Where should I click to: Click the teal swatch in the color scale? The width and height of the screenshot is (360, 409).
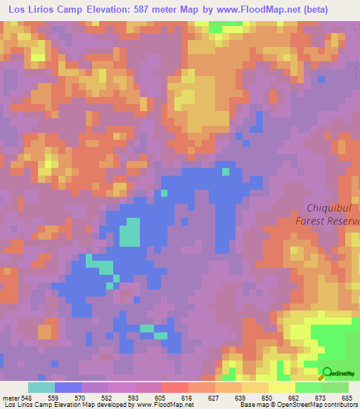[x=41, y=387]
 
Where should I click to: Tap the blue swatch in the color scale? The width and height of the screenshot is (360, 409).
[x=67, y=387]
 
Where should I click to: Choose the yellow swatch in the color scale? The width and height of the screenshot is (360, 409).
[x=281, y=387]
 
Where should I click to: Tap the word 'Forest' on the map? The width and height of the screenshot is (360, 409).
[x=314, y=220]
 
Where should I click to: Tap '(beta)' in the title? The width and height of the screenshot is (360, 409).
[x=336, y=11]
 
